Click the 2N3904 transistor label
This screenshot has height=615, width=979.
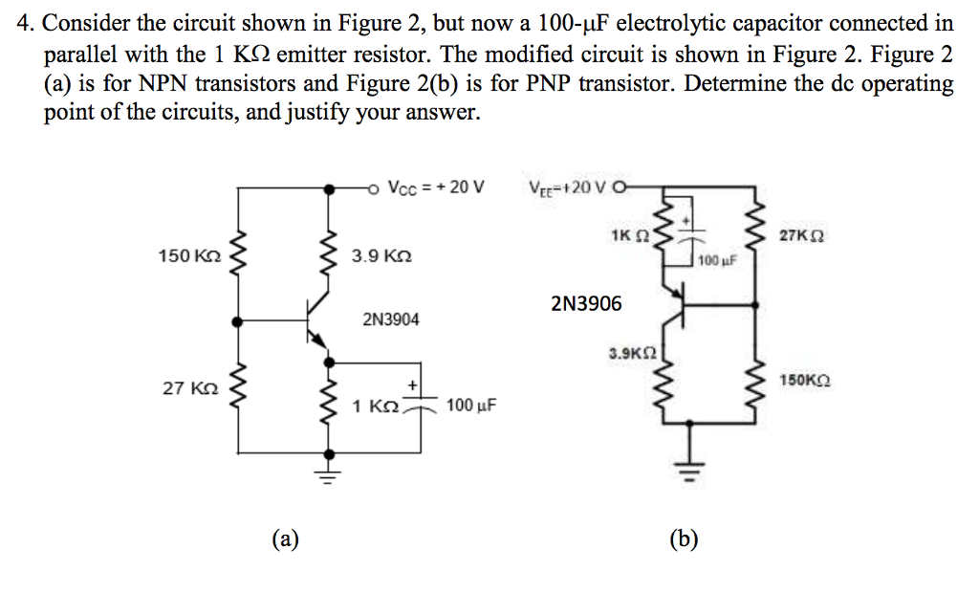pos(390,318)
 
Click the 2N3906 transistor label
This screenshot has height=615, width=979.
pos(586,304)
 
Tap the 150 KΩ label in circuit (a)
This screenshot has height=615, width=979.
pos(189,256)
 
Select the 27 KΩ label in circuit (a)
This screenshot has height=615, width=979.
pos(191,388)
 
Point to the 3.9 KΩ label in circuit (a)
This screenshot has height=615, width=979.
pos(381,256)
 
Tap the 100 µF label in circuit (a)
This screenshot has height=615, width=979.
pos(470,406)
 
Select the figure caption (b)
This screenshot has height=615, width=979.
pos(684,538)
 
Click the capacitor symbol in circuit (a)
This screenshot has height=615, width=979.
pos(422,401)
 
